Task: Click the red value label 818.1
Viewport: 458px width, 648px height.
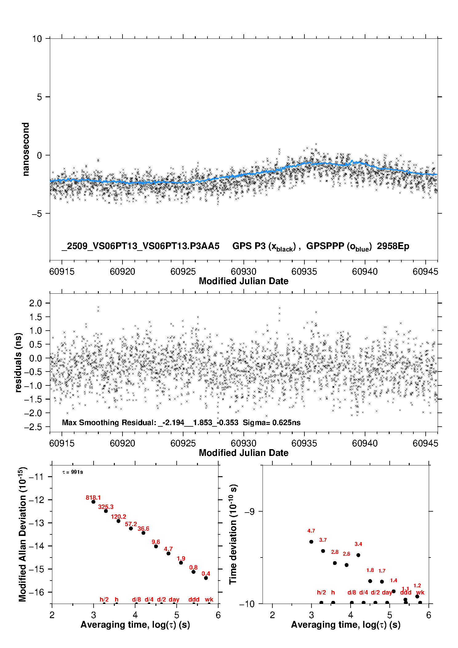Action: (x=93, y=498)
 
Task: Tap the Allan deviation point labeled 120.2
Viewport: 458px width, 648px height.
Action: (x=119, y=521)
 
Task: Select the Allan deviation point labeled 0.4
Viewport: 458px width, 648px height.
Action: (x=206, y=578)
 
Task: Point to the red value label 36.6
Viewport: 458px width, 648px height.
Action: (x=143, y=529)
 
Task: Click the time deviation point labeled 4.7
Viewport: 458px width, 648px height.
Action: (x=311, y=541)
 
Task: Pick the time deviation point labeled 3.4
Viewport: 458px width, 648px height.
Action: (x=358, y=555)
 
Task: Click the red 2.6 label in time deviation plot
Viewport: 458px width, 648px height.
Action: (x=346, y=554)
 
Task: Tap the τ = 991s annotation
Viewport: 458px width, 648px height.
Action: (x=73, y=472)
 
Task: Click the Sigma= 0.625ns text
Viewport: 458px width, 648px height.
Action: (x=271, y=422)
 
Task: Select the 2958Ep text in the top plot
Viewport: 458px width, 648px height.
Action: (x=393, y=246)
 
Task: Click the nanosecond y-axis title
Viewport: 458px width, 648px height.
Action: (x=26, y=149)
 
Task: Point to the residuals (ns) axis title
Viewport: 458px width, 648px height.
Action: (x=18, y=362)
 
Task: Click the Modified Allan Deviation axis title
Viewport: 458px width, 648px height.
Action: (x=22, y=534)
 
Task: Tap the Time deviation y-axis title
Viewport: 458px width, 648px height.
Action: (x=233, y=534)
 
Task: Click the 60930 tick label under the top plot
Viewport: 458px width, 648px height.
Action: (x=243, y=272)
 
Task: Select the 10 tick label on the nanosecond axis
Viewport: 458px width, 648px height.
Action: (x=37, y=39)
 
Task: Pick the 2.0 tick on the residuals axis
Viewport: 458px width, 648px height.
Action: (x=35, y=303)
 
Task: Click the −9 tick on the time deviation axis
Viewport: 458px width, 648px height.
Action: (x=250, y=512)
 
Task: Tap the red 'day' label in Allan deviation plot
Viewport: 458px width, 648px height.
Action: (x=174, y=599)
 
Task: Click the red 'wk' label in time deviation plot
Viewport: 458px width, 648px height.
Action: (x=420, y=592)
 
